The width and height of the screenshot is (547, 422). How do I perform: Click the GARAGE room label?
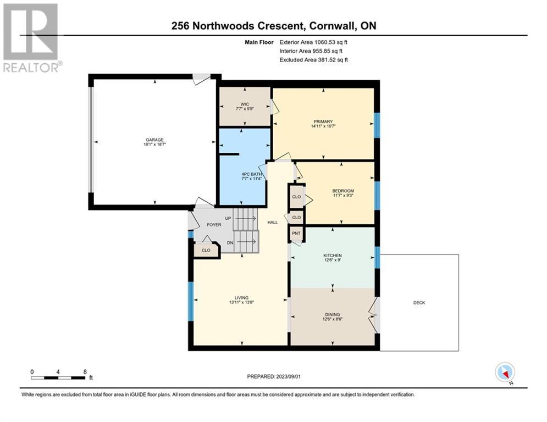154,140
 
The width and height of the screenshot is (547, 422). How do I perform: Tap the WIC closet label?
245,104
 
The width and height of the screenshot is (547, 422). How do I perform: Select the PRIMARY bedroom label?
323,122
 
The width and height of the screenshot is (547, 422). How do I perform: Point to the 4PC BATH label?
252,174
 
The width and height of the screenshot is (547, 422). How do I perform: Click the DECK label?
419,303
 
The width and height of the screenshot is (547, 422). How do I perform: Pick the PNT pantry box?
296,234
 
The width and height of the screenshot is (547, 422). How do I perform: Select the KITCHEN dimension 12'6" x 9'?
333,260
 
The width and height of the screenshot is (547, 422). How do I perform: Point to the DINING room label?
333,314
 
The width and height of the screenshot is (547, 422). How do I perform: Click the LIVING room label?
241,297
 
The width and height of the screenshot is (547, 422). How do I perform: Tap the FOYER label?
214,225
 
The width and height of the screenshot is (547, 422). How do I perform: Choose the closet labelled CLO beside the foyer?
206,250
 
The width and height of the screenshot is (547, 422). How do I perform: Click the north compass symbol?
505,373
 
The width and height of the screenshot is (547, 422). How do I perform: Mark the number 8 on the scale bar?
85,372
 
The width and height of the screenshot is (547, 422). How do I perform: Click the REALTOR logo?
31,38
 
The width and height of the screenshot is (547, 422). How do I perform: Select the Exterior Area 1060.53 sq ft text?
313,42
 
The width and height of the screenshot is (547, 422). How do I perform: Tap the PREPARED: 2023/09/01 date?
274,376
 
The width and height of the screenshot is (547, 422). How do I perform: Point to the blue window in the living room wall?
190,301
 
